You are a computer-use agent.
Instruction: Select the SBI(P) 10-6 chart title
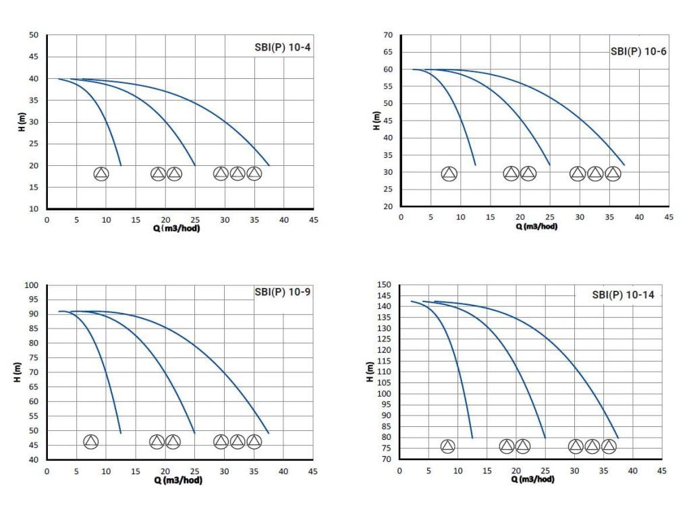[x=638, y=51]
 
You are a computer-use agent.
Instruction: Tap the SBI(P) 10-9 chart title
[x=282, y=292]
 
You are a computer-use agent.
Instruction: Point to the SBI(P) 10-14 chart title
[x=623, y=295]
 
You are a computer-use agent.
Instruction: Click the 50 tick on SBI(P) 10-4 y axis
[x=34, y=35]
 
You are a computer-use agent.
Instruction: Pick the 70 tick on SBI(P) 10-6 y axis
[x=387, y=34]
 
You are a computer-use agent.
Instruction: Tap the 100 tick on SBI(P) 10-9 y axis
[x=31, y=285]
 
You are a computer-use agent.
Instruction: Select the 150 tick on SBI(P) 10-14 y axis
[x=385, y=285]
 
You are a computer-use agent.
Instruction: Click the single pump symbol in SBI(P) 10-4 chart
[x=101, y=174]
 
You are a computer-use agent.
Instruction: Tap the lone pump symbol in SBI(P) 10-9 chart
[x=91, y=442]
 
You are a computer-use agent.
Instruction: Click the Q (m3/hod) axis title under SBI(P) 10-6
[x=536, y=227]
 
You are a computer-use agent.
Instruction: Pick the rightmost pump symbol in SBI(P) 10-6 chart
[x=612, y=174]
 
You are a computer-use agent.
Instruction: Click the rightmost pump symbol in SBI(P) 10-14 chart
[x=609, y=446]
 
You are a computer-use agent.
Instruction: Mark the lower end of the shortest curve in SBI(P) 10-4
[x=121, y=165]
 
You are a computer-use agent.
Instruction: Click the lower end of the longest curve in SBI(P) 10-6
[x=624, y=165]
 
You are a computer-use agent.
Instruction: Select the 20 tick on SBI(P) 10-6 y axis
[x=387, y=207]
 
